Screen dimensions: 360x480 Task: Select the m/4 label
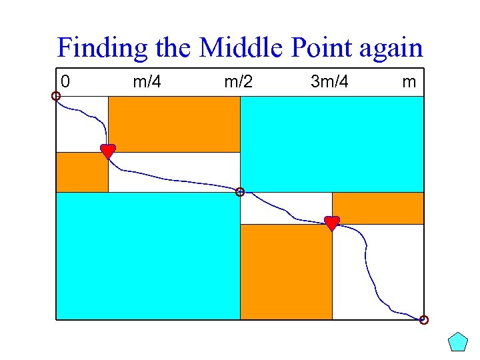pos(147,83)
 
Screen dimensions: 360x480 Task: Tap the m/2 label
pos(239,83)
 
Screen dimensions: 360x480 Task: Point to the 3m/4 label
pos(329,83)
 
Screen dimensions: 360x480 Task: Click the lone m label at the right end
pos(409,83)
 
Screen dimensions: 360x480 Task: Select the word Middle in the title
pos(231,48)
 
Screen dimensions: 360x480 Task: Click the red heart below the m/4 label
pos(108,151)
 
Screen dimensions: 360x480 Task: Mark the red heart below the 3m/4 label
pos(332,223)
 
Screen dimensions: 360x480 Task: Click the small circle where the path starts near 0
pos(56,96)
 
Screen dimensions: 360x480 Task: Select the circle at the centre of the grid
pos(240,192)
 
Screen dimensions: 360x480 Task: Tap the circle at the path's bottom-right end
pos(424,320)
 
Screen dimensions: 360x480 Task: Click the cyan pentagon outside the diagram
pos(458,342)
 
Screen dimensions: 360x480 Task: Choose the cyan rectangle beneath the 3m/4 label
pos(331,144)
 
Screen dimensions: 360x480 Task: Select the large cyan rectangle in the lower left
pos(147,256)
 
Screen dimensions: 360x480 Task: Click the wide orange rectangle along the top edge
pos(174,124)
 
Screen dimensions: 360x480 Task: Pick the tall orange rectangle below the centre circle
pos(286,272)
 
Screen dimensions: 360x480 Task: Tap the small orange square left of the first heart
pos(82,172)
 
